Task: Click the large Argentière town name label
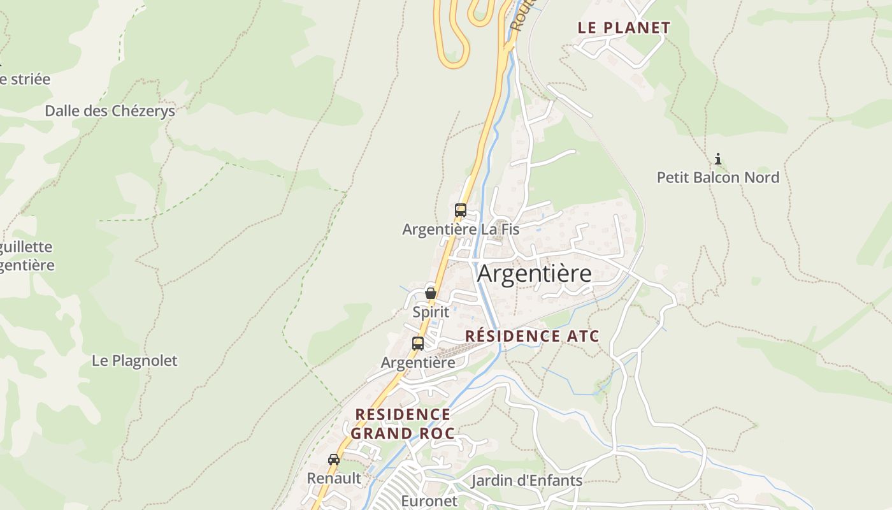[x=534, y=273]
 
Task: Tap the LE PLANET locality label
[x=624, y=28]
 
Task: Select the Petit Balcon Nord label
[x=718, y=177]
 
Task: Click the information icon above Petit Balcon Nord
[x=718, y=159]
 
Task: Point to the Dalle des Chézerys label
[x=110, y=111]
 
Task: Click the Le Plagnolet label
[x=134, y=361]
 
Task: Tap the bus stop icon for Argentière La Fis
[x=460, y=210]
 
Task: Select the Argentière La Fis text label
[x=461, y=229]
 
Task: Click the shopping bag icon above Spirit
[x=431, y=293]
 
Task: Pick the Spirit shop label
[x=431, y=312]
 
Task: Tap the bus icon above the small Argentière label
[x=418, y=343]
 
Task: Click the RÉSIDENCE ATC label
[x=532, y=336]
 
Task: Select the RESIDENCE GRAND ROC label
[x=403, y=424]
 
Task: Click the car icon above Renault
[x=334, y=459]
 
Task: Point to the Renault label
[x=334, y=478]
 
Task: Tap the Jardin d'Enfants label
[x=526, y=481]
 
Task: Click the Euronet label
[x=429, y=501]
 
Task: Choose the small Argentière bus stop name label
[x=418, y=363]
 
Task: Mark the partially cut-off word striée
[x=25, y=80]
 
